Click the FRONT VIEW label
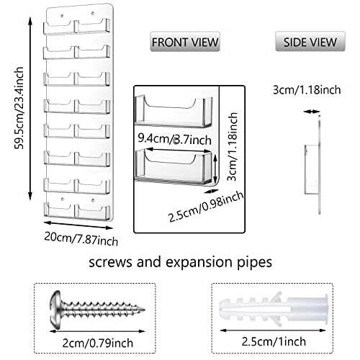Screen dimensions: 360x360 (185, 42)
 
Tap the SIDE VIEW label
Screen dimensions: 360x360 (310, 42)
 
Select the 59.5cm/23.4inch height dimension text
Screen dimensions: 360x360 (19, 108)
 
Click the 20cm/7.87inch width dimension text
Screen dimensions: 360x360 (81, 239)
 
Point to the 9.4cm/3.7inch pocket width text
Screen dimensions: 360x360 (174, 139)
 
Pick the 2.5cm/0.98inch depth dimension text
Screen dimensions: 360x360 (206, 207)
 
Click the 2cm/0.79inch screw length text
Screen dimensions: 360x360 (98, 343)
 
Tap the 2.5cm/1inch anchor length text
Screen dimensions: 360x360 (274, 341)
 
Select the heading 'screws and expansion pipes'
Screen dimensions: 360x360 (180, 262)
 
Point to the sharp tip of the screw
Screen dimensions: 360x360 (145, 310)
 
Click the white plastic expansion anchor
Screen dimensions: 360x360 (274, 310)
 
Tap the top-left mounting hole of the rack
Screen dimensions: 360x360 (62, 16)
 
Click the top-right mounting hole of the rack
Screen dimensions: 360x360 (93, 13)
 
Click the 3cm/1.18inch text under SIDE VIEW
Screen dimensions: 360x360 (307, 90)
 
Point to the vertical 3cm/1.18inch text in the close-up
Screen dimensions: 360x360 (232, 147)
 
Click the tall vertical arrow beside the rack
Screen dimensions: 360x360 (30, 109)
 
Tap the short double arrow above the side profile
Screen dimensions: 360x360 (312, 112)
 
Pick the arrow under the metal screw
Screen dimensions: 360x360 (97, 331)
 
